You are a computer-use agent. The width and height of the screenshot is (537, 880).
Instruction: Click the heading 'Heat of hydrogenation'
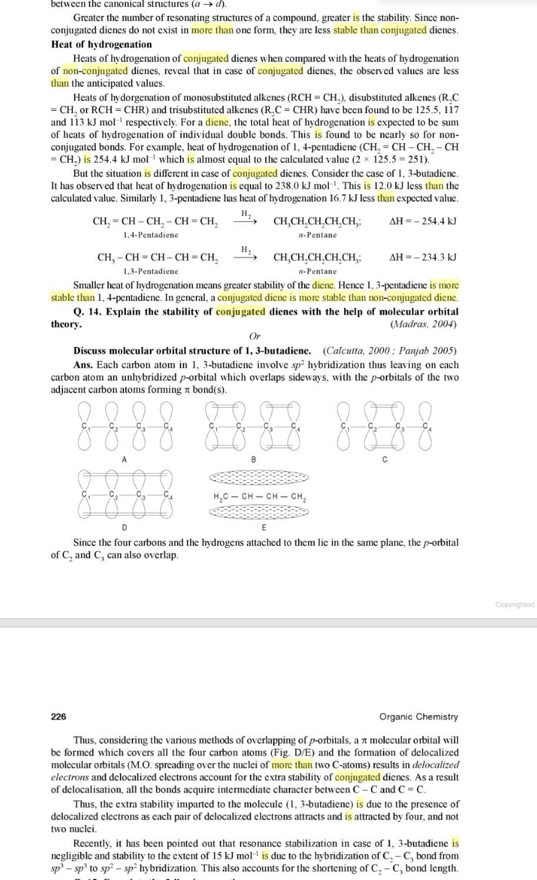click(101, 45)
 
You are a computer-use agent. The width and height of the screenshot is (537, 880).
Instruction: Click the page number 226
click(59, 716)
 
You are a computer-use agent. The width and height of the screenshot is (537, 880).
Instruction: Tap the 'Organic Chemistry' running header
click(418, 716)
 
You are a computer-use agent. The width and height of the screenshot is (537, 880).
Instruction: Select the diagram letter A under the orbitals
click(124, 459)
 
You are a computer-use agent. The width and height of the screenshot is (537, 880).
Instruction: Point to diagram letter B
click(254, 459)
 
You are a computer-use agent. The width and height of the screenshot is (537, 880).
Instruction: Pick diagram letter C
click(385, 459)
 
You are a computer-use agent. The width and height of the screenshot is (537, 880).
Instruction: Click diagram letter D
click(124, 527)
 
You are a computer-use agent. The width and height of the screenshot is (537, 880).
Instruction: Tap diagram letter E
click(264, 527)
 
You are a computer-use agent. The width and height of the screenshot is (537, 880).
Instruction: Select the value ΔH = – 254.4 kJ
click(423, 222)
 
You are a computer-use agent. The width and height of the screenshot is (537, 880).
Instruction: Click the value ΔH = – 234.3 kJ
click(423, 258)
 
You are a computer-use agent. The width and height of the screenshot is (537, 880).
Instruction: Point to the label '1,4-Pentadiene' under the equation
click(151, 235)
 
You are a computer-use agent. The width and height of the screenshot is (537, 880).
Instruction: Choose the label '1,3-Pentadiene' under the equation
click(151, 271)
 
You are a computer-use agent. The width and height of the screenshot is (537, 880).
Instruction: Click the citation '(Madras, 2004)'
click(423, 324)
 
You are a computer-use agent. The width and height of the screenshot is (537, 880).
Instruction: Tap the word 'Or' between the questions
click(255, 337)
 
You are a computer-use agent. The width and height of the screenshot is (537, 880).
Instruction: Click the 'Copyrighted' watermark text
click(515, 605)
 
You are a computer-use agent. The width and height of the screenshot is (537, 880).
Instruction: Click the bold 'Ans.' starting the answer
click(84, 365)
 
